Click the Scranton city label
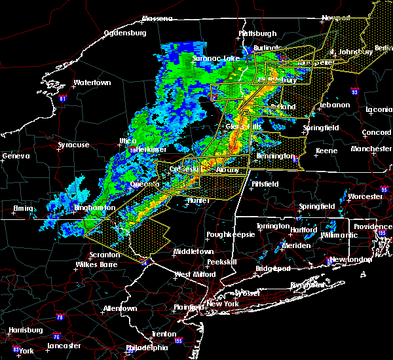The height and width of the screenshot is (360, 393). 105,255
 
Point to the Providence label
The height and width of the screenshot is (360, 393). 373,226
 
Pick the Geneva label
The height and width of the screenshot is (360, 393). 16,156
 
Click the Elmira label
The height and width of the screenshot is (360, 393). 24,209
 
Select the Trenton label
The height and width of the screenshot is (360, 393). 163,334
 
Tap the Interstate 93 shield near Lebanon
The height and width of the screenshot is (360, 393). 355,92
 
